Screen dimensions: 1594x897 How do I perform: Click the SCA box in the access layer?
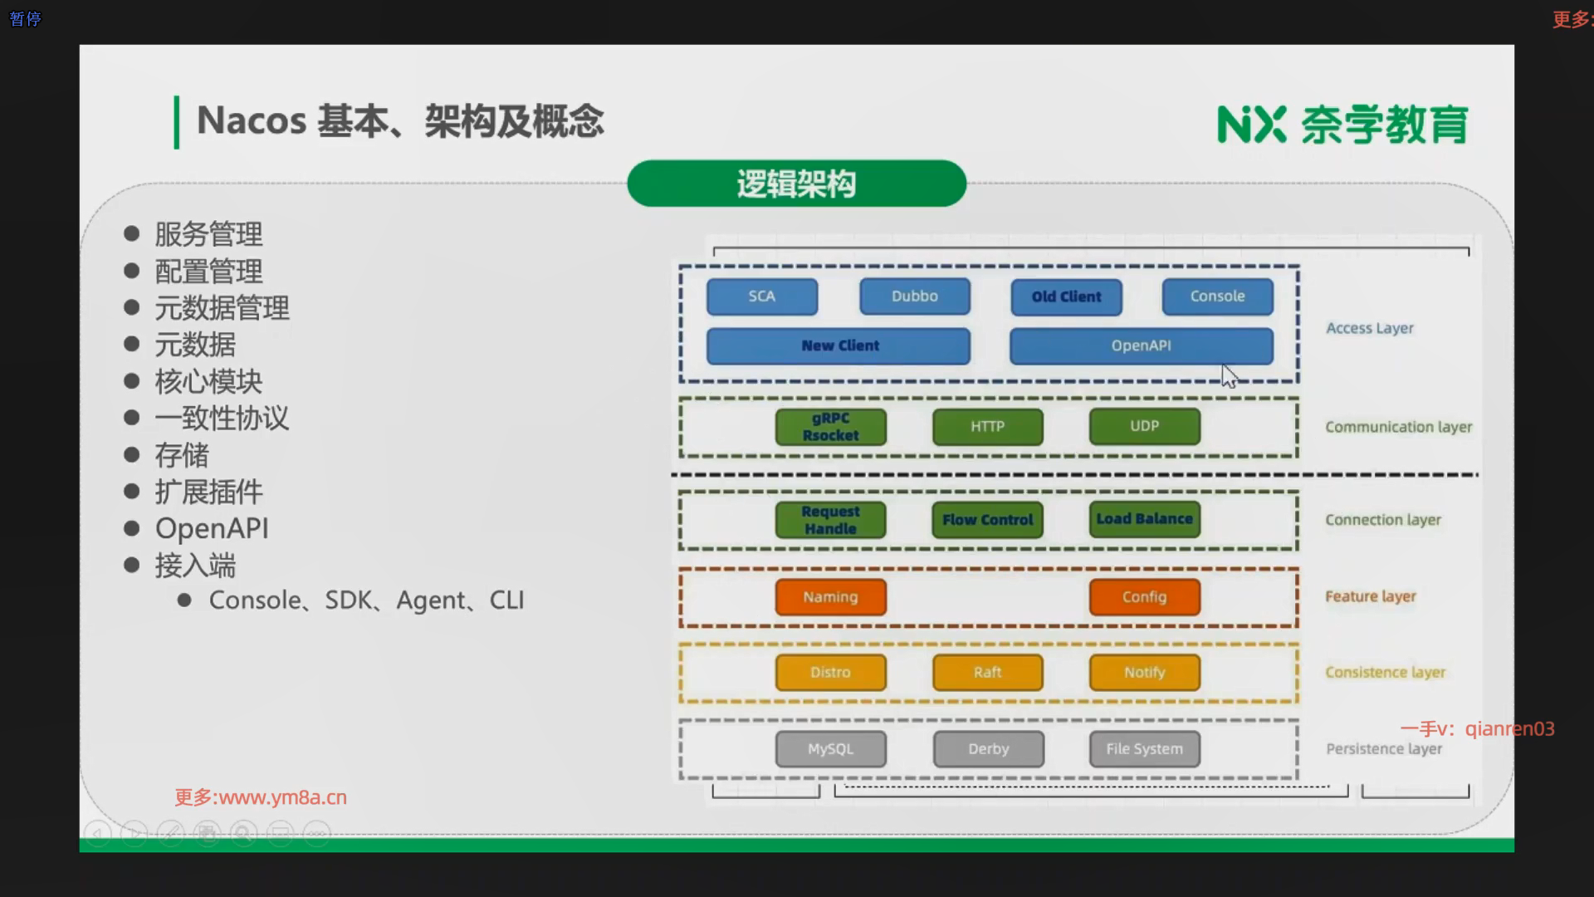coord(761,297)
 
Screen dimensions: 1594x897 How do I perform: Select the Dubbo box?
coord(914,297)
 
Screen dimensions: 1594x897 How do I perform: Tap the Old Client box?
coord(1066,297)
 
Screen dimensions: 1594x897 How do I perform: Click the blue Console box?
coord(1217,297)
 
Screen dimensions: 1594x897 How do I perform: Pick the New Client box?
coord(839,346)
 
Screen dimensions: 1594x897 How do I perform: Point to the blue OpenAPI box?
coord(1141,346)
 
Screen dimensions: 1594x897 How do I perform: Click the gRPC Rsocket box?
coord(830,427)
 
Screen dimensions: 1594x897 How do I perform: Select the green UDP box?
coord(1144,426)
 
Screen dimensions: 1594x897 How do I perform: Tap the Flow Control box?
coord(987,520)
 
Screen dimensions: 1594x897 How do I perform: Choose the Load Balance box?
coord(1144,519)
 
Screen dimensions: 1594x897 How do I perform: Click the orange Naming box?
coord(830,597)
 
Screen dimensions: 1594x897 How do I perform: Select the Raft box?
coord(987,673)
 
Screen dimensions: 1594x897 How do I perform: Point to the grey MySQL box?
coord(830,749)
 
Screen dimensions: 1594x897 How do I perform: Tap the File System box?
coord(1144,749)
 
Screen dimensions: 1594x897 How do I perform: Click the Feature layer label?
coord(1370,596)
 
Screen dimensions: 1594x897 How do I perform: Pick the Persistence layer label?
coord(1384,749)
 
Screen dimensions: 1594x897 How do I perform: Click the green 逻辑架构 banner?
coord(796,184)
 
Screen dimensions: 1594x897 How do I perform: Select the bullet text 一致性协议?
coord(222,419)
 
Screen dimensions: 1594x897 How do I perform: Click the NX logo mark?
coord(1251,125)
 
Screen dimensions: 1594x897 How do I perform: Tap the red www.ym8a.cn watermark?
coord(261,797)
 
